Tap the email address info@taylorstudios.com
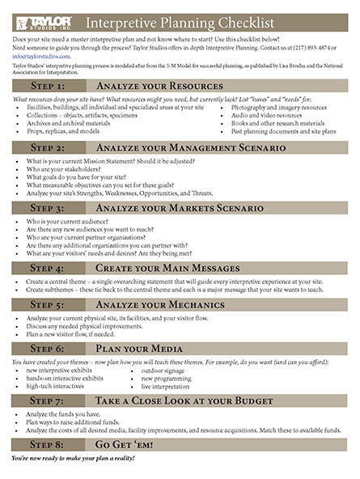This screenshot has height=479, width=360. click(39, 57)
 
